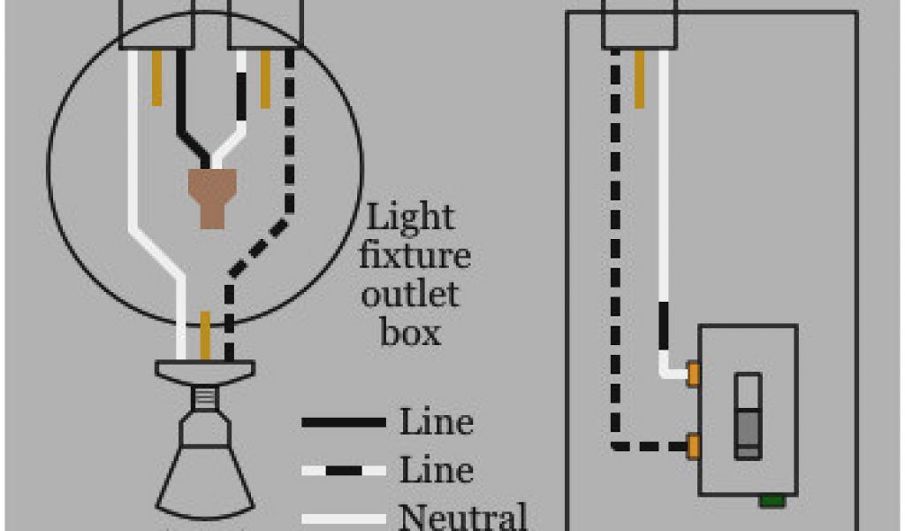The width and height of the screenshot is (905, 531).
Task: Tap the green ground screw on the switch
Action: (x=772, y=501)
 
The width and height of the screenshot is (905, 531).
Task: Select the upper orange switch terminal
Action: (x=695, y=373)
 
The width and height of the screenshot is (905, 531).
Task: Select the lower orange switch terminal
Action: (x=695, y=443)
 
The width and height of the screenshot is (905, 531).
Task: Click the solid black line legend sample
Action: (x=344, y=423)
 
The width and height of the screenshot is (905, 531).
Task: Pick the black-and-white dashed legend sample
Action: (x=344, y=470)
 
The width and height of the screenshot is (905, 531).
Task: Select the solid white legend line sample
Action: (x=344, y=519)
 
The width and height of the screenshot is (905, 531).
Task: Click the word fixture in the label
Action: (x=415, y=258)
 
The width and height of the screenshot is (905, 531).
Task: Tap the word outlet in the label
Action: (x=410, y=295)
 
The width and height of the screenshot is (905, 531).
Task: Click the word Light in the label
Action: (x=410, y=219)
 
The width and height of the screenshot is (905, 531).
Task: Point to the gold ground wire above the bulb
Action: (x=205, y=335)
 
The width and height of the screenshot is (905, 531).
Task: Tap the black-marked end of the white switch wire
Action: (x=664, y=327)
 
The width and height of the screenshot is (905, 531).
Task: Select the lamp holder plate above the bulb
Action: (x=205, y=370)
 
